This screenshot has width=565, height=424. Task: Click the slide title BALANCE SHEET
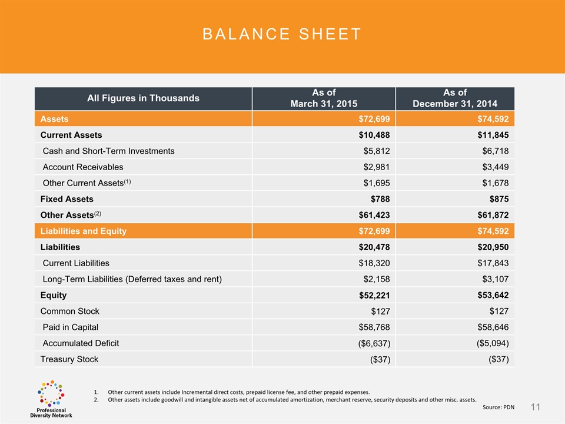(282, 34)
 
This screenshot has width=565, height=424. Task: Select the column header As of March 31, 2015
(323, 98)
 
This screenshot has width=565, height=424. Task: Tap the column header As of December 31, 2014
(455, 98)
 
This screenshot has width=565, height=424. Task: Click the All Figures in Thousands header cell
(143, 98)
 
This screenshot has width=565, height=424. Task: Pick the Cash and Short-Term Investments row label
(108, 151)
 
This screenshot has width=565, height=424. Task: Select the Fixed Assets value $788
(379, 199)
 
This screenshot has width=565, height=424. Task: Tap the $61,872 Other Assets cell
(491, 216)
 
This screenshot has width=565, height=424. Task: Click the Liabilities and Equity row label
(83, 231)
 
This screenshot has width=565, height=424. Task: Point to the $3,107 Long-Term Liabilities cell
(494, 279)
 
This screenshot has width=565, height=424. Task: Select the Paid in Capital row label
(71, 327)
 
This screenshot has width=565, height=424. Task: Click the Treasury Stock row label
(69, 359)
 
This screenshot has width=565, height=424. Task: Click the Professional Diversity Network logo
(51, 399)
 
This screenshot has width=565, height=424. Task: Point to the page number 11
(535, 407)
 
